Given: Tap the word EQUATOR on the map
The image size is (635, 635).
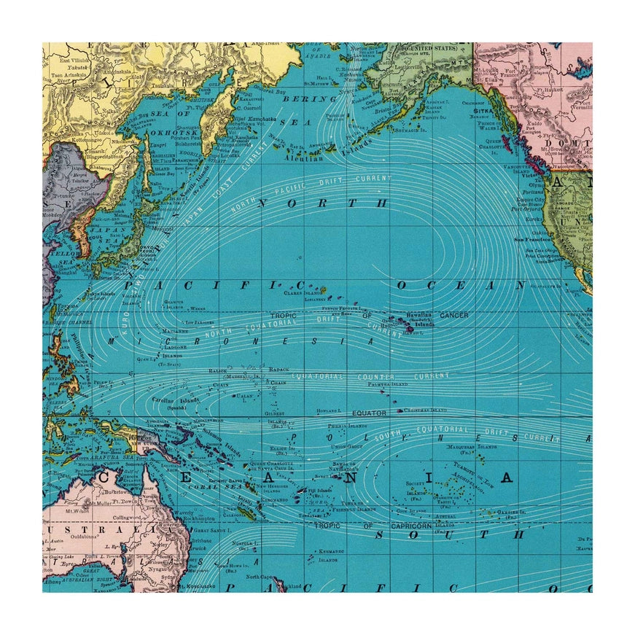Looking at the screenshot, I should pyautogui.click(x=370, y=413).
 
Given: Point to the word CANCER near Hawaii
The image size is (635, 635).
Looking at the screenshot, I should pyautogui.click(x=453, y=315).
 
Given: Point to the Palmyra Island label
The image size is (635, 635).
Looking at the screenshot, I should pyautogui.click(x=386, y=383).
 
